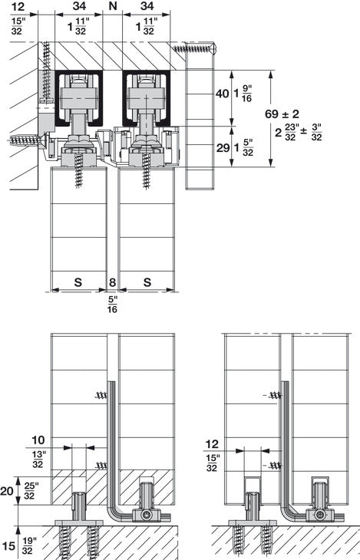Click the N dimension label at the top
113,8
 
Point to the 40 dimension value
222,94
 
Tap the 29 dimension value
222,148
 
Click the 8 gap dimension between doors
113,282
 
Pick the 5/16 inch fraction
113,304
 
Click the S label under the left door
78,282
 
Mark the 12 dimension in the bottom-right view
213,443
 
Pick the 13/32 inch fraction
38,460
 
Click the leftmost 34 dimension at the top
78,8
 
